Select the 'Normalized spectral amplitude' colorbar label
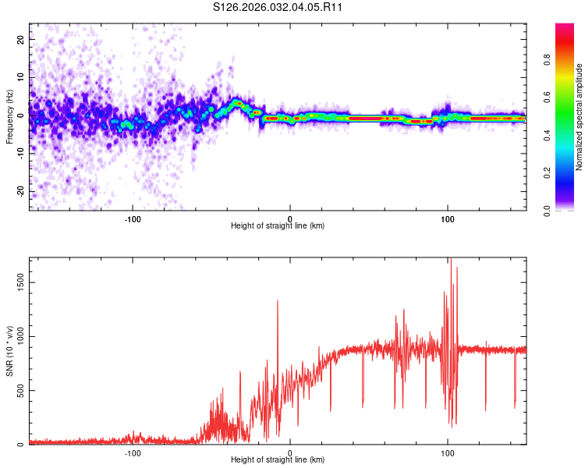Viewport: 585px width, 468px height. pyautogui.click(x=580, y=117)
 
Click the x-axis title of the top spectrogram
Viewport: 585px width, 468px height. pyautogui.click(x=278, y=225)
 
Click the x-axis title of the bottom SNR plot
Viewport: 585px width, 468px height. pyautogui.click(x=278, y=460)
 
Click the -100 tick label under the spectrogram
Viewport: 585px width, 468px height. pyautogui.click(x=132, y=217)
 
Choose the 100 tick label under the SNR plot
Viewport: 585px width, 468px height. pyautogui.click(x=448, y=452)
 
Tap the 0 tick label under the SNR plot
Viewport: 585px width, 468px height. pyautogui.click(x=290, y=452)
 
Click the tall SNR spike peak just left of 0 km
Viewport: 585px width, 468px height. pyautogui.click(x=278, y=301)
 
